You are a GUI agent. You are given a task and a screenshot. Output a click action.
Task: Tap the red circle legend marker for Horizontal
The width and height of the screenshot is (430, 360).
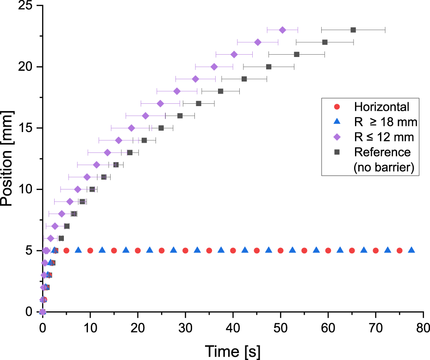[x=337, y=107]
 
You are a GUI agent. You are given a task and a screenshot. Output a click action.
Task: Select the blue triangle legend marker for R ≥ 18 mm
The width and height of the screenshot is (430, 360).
[x=337, y=122]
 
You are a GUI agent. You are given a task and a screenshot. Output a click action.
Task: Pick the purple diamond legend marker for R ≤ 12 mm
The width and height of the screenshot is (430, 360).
[x=337, y=137]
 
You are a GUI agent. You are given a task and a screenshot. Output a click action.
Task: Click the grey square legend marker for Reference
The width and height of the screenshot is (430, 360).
[x=337, y=152]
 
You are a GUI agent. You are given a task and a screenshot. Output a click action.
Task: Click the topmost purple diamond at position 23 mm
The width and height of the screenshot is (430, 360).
[x=282, y=30]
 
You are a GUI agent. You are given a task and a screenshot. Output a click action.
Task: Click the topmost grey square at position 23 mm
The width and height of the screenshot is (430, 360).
[x=353, y=30]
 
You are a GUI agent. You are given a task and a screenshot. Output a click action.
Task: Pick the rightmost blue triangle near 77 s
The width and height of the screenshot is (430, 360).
[x=411, y=250]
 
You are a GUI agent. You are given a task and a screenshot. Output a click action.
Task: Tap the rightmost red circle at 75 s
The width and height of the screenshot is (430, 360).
[x=399, y=251]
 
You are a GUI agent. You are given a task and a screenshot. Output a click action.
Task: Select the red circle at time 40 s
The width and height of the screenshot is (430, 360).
[x=233, y=251]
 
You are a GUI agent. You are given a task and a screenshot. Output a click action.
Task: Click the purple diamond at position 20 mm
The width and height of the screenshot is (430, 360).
[x=214, y=67]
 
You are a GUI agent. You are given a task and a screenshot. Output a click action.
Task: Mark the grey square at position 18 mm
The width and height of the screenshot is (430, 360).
[x=220, y=91]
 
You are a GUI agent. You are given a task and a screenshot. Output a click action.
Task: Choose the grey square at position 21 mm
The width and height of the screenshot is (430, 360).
[x=297, y=55]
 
